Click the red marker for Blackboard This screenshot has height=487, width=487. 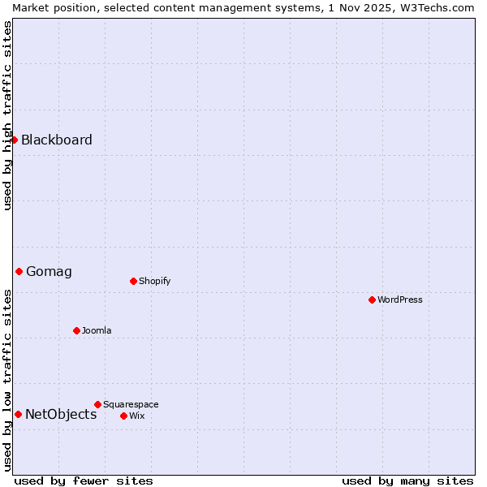(14, 140)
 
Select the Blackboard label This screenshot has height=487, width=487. (57, 140)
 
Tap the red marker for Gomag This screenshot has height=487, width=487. (19, 271)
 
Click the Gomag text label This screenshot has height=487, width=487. (49, 271)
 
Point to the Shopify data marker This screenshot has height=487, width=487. (133, 281)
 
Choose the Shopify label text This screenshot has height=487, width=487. (154, 281)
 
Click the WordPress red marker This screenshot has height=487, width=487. (372, 300)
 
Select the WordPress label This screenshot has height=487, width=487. (399, 300)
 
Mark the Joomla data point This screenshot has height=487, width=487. (76, 330)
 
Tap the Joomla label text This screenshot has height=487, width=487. (97, 330)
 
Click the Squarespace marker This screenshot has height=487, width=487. (97, 404)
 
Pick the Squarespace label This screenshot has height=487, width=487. (131, 404)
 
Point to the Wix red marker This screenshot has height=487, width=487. (123, 416)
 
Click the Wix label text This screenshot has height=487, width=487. (136, 416)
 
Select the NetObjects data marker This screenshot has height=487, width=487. (18, 414)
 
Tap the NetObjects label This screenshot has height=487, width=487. (61, 414)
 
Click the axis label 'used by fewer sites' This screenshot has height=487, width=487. (84, 481)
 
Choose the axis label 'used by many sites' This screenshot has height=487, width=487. (407, 481)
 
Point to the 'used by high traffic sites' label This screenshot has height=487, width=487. (7, 115)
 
